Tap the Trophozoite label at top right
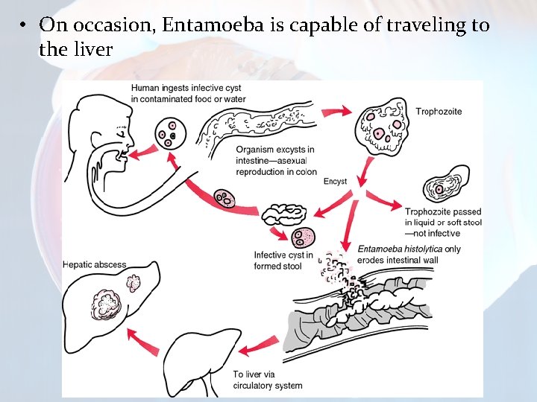pyautogui.click(x=439, y=112)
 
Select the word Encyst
pyautogui.click(x=335, y=182)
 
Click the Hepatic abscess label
pyautogui.click(x=95, y=264)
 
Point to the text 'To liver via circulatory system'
pyautogui.click(x=267, y=380)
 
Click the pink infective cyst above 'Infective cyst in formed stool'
pyautogui.click(x=304, y=238)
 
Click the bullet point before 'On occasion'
pyautogui.click(x=25, y=25)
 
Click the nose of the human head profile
pyautogui.click(x=131, y=139)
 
